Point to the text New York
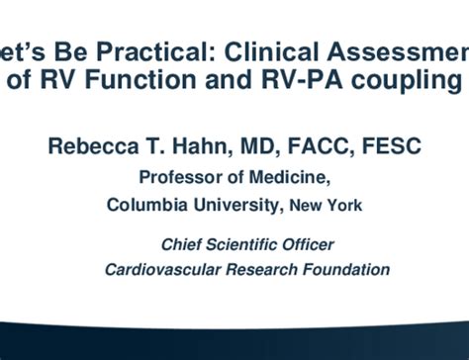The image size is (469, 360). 328,207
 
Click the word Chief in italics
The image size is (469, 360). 183,244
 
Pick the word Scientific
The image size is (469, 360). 247,244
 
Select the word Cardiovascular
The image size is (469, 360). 165,269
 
